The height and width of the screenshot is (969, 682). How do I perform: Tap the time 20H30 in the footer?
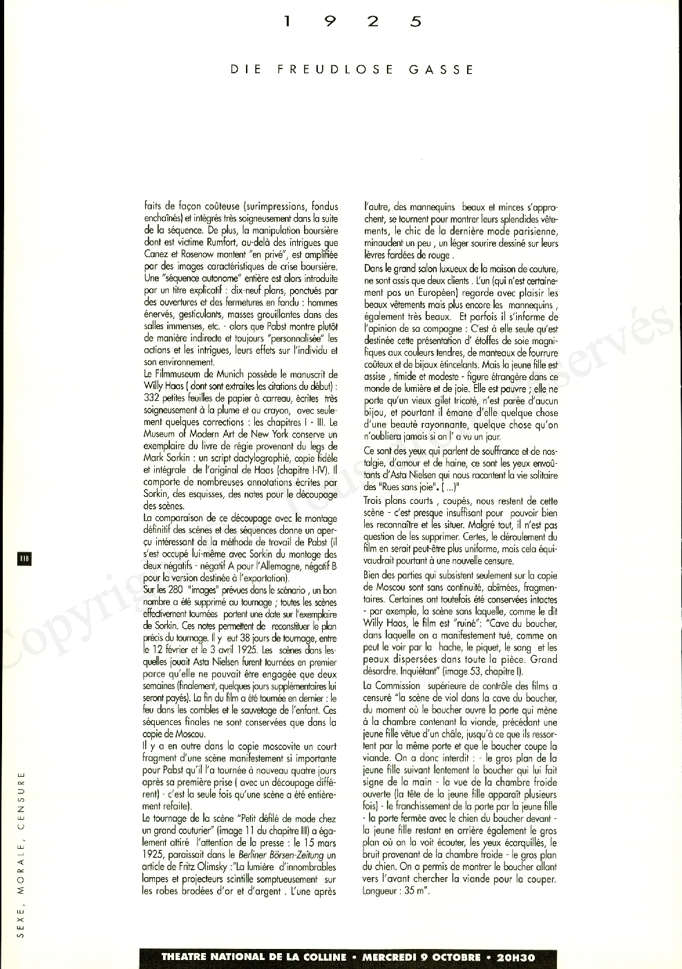coord(515,957)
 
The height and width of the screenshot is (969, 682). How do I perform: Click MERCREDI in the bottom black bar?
coord(392,957)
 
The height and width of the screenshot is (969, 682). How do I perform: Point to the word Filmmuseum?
coord(182,374)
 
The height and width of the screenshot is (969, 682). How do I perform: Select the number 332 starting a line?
coord(151,398)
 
